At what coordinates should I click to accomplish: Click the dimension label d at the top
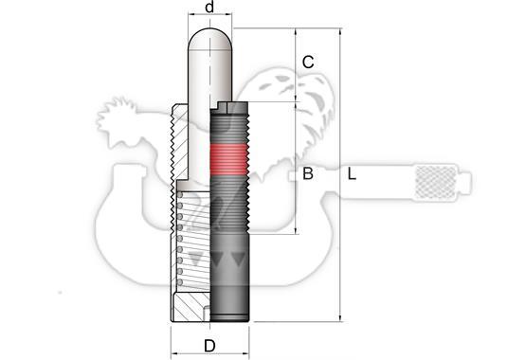tap(209, 7)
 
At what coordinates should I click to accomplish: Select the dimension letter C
tap(308, 63)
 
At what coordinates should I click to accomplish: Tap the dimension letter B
tap(308, 173)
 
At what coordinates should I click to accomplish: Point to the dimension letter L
tap(352, 174)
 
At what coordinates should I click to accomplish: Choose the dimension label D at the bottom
tap(209, 346)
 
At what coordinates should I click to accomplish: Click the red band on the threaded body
tap(229, 159)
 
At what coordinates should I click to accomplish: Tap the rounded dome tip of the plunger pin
tap(210, 39)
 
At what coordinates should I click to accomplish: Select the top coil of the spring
tap(180, 195)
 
